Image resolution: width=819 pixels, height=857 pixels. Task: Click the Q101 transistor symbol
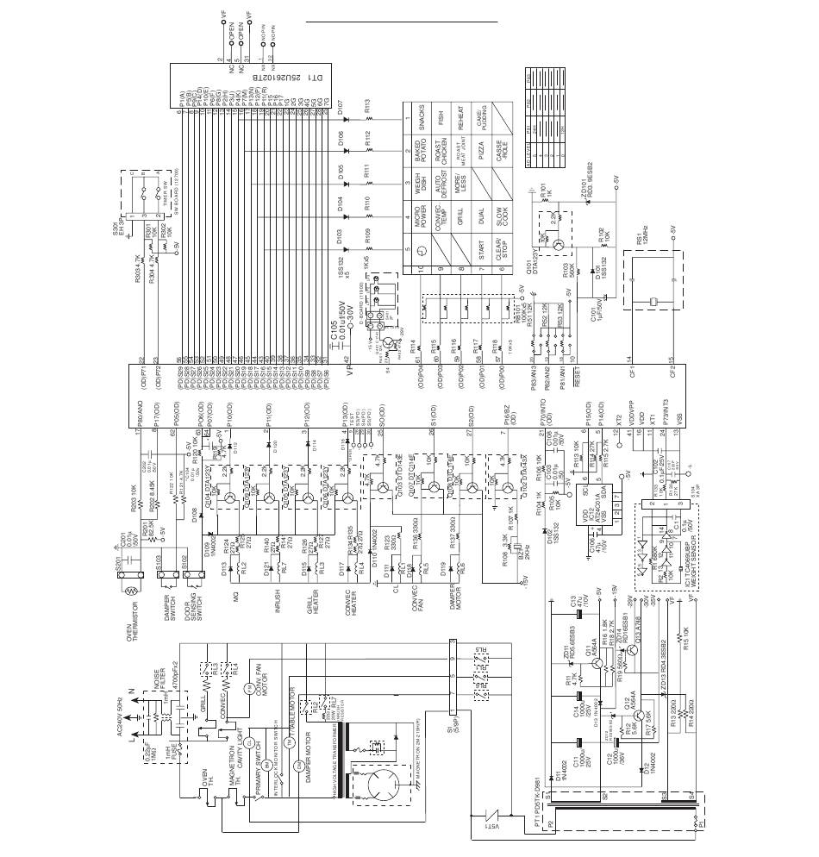coord(558,245)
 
